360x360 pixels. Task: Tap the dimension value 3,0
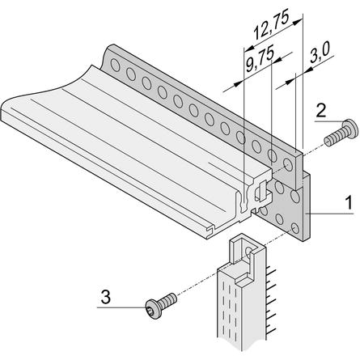(x=320, y=53)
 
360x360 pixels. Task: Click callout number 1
(x=349, y=202)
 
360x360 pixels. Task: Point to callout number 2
(x=321, y=111)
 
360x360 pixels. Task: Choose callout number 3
(x=106, y=297)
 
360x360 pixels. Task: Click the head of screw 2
(x=348, y=129)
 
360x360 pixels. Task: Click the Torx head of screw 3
(x=153, y=309)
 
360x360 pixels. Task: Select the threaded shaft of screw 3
(x=168, y=300)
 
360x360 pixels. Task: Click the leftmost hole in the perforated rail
(x=115, y=65)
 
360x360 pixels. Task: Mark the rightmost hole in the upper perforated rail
(x=288, y=165)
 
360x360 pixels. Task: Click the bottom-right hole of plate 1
(x=295, y=228)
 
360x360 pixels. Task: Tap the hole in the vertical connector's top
(x=248, y=251)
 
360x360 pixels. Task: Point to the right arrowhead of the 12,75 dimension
(x=297, y=22)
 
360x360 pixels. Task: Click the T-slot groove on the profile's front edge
(x=210, y=229)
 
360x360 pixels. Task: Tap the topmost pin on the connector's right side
(x=270, y=270)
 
